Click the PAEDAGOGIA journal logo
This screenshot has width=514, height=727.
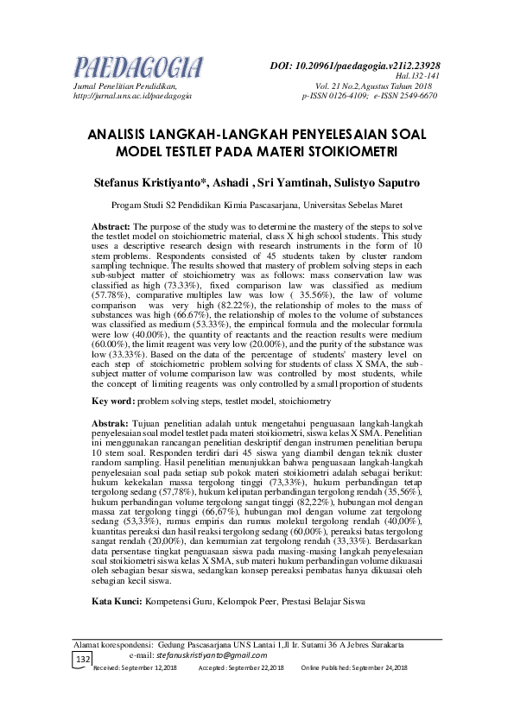(139, 67)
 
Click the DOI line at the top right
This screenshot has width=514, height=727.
(355, 66)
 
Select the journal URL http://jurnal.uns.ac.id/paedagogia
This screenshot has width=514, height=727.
(132, 96)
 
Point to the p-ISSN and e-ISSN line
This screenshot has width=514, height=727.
(369, 96)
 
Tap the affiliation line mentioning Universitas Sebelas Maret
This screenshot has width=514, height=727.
(257, 206)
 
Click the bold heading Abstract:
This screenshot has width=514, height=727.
(111, 225)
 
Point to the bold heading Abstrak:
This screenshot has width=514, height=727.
(110, 422)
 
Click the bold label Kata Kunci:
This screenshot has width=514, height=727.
(117, 574)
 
